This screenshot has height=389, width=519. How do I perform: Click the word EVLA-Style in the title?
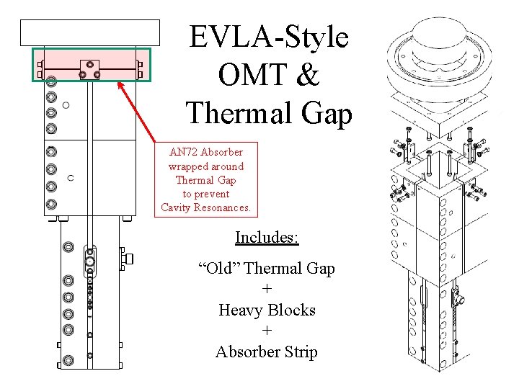tap(268, 37)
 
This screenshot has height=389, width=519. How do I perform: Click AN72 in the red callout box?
tap(183, 152)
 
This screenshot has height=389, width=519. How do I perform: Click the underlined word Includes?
tap(267, 237)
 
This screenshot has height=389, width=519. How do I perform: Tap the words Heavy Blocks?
tap(267, 310)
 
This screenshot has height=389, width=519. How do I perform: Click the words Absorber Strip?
tap(267, 352)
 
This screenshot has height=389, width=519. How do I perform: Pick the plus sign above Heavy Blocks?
tap(267, 290)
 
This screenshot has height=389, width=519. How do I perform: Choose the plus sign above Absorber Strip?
tap(267, 331)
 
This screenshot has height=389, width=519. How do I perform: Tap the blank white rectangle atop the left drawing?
tap(89, 32)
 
